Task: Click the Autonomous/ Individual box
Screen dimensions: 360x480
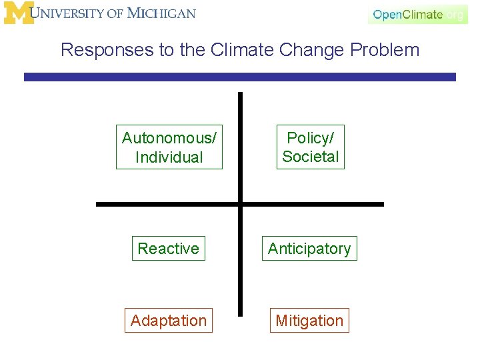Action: (169, 147)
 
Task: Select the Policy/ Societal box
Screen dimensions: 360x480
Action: (311, 147)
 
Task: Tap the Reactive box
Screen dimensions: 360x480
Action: (168, 249)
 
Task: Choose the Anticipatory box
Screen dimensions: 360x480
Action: (309, 249)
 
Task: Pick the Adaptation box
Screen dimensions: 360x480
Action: (169, 321)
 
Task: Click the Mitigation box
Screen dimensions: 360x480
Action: (309, 321)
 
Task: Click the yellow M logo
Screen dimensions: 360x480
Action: (18, 13)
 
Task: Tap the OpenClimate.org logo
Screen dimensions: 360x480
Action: (417, 14)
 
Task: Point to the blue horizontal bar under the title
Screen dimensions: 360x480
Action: (240, 77)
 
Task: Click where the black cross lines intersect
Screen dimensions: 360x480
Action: (241, 204)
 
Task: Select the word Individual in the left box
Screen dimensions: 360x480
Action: (169, 157)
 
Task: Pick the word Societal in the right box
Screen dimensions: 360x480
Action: (311, 157)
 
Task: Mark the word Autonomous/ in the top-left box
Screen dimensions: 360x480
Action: (169, 138)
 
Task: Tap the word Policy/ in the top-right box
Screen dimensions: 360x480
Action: (311, 138)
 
